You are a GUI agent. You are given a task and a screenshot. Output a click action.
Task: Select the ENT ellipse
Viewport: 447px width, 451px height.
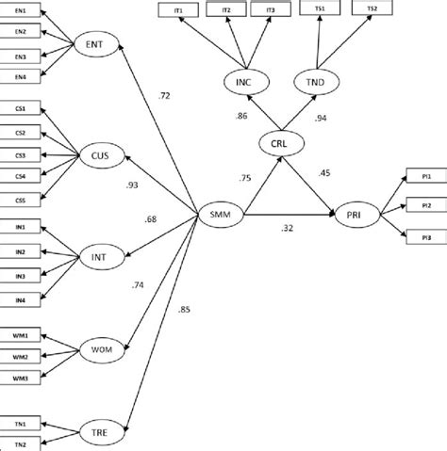tap(94, 44)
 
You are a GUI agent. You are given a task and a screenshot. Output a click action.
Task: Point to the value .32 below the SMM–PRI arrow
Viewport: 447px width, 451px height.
tap(287, 228)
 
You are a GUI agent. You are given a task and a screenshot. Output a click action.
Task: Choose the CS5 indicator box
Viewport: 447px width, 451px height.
tap(20, 199)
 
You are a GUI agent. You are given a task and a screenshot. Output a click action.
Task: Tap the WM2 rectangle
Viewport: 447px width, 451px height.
tap(20, 356)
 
